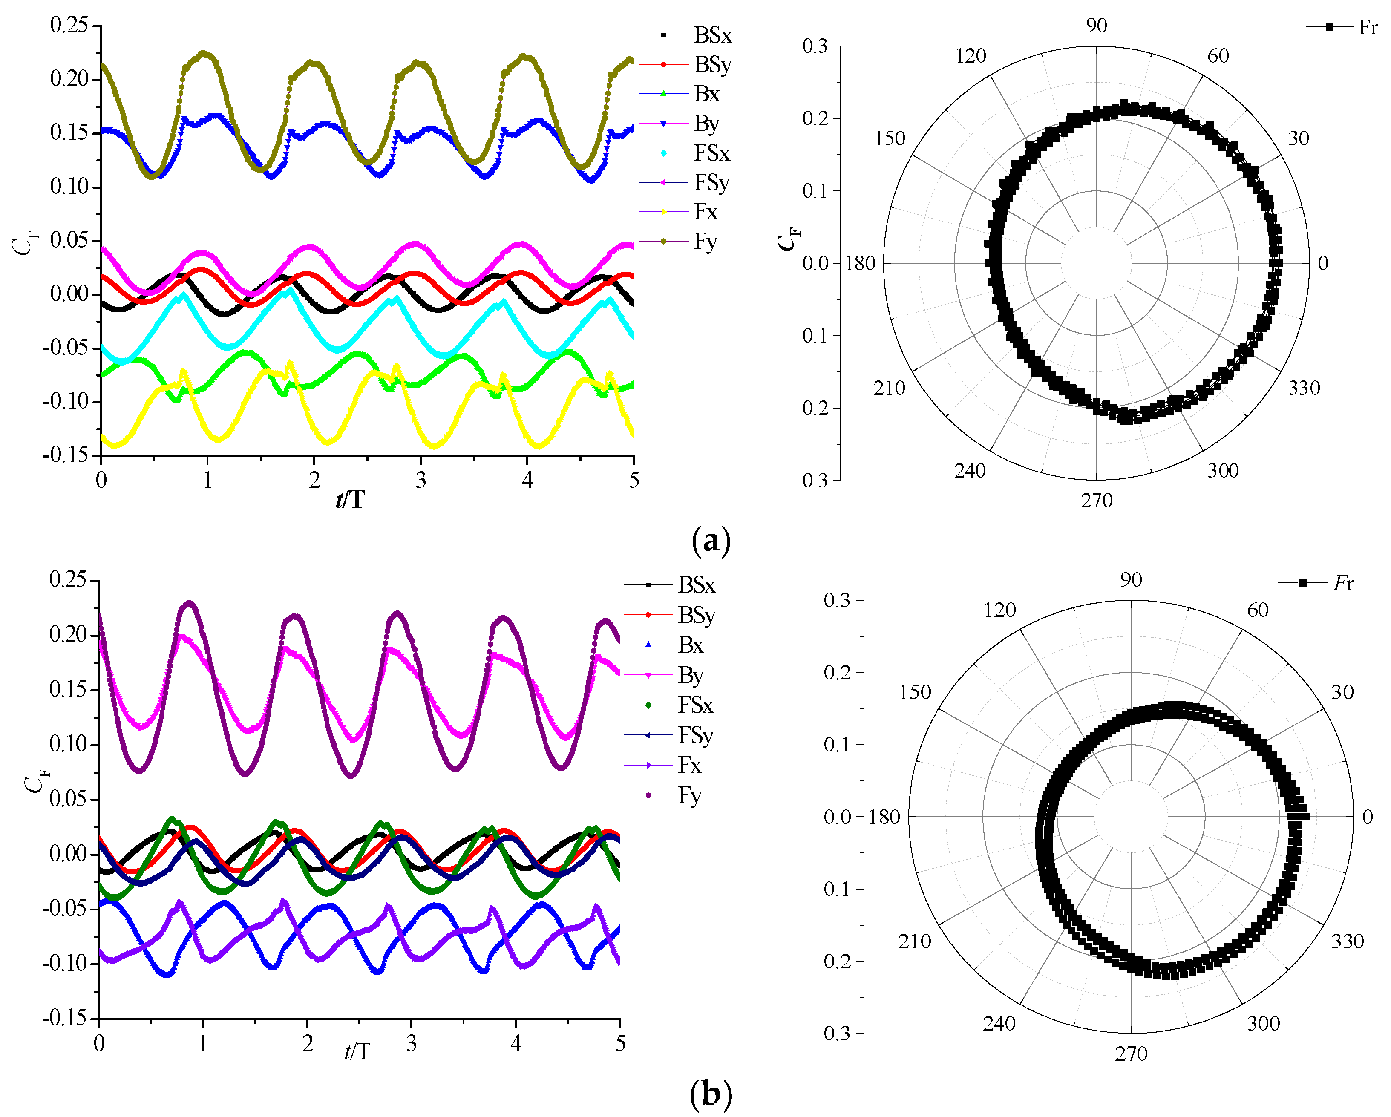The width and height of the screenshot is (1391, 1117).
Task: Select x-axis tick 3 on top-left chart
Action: coord(420,480)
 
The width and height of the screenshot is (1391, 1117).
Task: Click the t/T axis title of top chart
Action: coord(350,499)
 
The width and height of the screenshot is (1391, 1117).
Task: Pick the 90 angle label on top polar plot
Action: coord(1096,26)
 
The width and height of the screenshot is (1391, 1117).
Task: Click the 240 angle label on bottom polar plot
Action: coord(999,1023)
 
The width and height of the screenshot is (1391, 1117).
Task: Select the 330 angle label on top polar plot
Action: coord(1304,388)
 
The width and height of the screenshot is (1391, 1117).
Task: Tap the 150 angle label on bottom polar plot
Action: coord(915,692)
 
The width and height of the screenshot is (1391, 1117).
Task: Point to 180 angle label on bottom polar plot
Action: coord(884,817)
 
